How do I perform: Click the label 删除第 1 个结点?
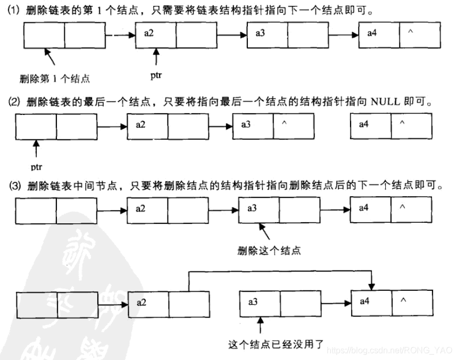click(54, 79)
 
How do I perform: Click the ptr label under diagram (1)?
click(156, 76)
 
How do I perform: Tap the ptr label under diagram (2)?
click(36, 166)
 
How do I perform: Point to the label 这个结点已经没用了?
click(270, 343)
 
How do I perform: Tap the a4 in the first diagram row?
click(372, 34)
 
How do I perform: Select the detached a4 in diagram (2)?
click(363, 124)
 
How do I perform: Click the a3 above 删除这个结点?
click(252, 208)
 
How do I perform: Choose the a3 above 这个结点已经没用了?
click(253, 302)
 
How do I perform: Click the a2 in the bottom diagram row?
click(141, 302)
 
